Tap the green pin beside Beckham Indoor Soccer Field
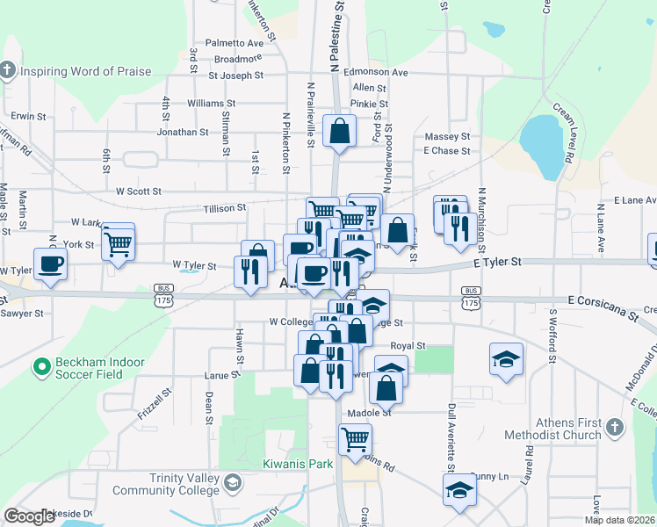40,366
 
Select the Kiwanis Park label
300,463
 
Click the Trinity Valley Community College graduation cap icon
232,483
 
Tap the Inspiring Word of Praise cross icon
7,70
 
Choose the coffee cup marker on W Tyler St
51,264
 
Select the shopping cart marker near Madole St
355,439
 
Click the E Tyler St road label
496,262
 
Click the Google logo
30,516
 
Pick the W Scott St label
139,191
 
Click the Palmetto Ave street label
235,42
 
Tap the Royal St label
408,346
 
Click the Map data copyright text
618,520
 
